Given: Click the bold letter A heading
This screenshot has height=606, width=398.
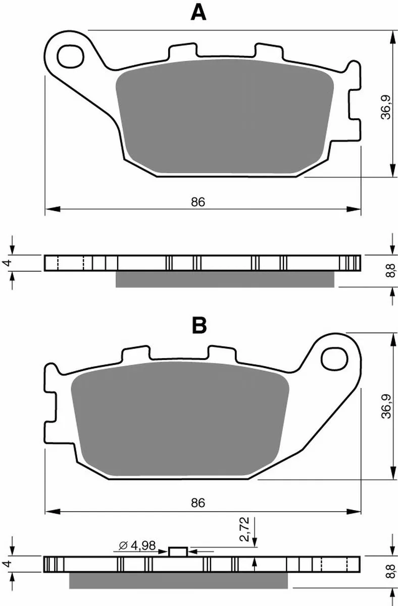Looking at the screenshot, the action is [x=198, y=13].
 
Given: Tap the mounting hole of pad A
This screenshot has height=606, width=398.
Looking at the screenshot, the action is [x=71, y=57].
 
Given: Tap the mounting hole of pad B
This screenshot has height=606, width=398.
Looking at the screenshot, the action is [x=334, y=360].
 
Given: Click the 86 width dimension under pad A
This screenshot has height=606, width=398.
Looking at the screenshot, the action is [x=198, y=202].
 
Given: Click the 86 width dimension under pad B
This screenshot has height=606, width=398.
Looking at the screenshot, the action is [x=198, y=503].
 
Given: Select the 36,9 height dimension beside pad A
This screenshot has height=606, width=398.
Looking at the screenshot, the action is [x=385, y=107].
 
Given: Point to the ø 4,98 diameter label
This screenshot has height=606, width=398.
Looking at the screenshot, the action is [x=137, y=546].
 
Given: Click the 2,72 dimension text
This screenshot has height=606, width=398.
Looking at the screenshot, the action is [x=244, y=529].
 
